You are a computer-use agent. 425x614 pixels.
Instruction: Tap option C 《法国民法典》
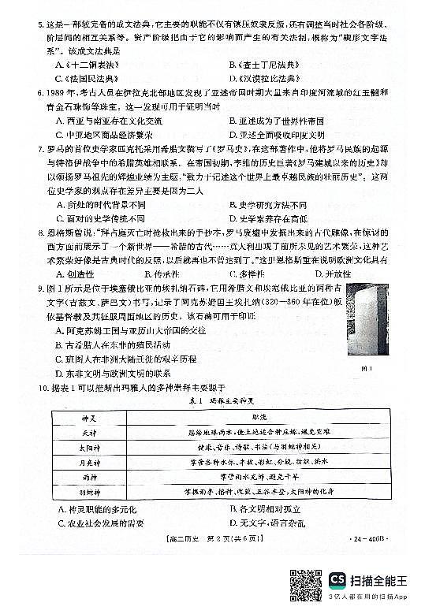pyautogui.click(x=90, y=79)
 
